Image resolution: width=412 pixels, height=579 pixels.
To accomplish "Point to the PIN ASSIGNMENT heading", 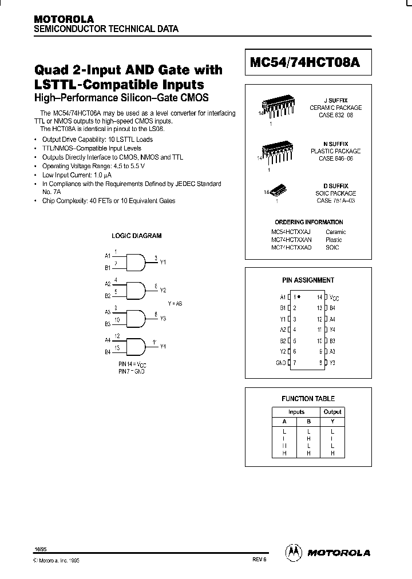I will click(x=308, y=280).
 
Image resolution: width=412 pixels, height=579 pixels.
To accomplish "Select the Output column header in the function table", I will click(x=332, y=412).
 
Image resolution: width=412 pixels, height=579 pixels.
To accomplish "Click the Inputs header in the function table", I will click(x=296, y=412).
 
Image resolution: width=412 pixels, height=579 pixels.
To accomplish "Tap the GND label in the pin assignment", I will click(x=281, y=362).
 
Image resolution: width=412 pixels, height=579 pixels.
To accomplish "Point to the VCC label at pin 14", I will click(x=334, y=298).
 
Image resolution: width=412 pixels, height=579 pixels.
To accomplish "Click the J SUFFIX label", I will click(x=335, y=100).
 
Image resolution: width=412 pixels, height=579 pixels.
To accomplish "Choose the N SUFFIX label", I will click(x=335, y=144).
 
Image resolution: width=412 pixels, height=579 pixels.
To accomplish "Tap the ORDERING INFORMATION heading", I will click(x=308, y=222).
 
